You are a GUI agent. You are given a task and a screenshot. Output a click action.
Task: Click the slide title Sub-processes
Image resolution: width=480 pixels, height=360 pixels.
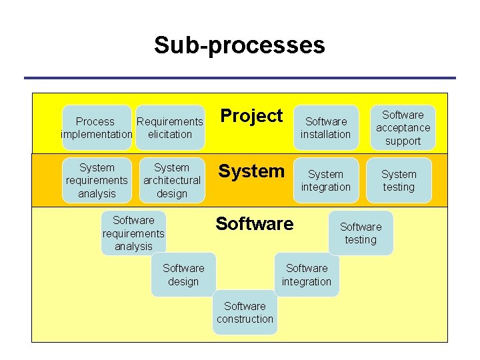click(239, 45)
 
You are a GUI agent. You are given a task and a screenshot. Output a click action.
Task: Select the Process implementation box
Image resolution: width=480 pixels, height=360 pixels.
click(95, 127)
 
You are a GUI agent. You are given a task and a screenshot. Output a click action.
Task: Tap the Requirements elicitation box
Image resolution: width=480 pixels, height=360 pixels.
click(170, 127)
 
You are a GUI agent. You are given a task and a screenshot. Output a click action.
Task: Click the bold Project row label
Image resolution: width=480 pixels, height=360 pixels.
click(251, 116)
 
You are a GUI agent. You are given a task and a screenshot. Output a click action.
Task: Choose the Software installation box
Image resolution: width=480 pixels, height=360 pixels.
click(325, 127)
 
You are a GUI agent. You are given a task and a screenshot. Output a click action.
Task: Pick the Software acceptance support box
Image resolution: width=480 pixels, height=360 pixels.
click(403, 127)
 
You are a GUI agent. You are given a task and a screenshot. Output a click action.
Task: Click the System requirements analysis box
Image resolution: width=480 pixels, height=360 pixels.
click(97, 180)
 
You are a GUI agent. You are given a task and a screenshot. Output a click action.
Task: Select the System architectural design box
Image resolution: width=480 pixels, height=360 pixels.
click(171, 180)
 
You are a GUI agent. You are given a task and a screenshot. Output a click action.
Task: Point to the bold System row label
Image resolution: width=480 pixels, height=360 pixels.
click(251, 171)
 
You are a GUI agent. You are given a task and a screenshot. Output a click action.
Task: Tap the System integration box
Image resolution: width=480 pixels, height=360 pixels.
click(325, 180)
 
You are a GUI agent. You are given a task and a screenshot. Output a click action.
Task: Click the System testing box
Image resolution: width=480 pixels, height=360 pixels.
click(399, 180)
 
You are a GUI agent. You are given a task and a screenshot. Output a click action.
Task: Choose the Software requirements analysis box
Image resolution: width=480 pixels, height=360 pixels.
click(133, 233)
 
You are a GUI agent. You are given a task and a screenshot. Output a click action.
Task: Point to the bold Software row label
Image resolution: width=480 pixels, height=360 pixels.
click(254, 224)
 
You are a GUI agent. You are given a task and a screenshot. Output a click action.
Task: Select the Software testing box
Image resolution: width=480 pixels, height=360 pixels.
click(361, 233)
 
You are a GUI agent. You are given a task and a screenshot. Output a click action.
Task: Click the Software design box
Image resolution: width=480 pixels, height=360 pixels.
click(183, 275)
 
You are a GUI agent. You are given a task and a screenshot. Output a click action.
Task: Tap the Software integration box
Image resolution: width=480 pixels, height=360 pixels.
click(306, 275)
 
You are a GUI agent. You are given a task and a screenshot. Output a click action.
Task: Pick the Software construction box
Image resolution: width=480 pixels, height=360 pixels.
click(245, 312)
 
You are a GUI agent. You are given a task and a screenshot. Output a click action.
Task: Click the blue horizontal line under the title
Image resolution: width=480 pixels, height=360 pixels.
click(239, 78)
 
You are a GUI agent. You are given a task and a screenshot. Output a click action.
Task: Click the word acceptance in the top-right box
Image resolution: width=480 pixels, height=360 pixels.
click(403, 127)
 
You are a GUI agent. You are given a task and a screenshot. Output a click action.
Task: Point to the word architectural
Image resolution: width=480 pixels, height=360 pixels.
click(171, 180)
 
